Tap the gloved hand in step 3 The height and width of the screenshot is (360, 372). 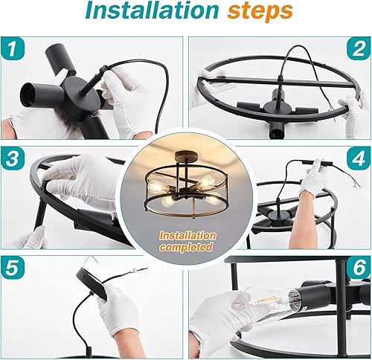[89, 182]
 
